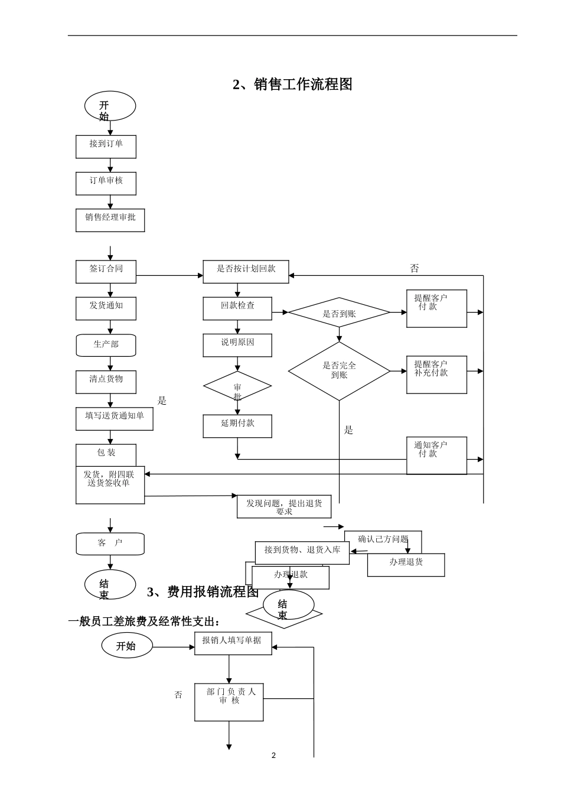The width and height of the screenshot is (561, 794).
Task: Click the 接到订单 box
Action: pyautogui.click(x=106, y=147)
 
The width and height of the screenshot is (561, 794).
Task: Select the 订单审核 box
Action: pyautogui.click(x=106, y=183)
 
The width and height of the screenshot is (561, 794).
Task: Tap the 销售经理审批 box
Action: pyautogui.click(x=110, y=220)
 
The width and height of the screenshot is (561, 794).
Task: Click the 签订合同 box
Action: pyautogui.click(x=106, y=271)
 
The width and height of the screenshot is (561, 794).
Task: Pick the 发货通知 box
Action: pyautogui.click(x=106, y=308)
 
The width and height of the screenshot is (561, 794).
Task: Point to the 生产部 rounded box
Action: pyautogui.click(x=106, y=345)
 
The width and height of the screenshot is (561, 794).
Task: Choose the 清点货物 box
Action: pyautogui.click(x=106, y=382)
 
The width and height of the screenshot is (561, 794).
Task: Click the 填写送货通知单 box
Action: pyautogui.click(x=114, y=418)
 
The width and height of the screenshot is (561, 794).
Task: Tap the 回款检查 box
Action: pyautogui.click(x=237, y=308)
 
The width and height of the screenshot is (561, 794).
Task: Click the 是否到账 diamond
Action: pyautogui.click(x=339, y=313)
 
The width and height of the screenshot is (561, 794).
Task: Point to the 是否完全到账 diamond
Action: pyautogui.click(x=339, y=370)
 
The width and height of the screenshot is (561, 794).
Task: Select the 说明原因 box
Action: pyautogui.click(x=237, y=345)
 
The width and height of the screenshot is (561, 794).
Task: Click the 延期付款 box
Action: pyautogui.click(x=237, y=426)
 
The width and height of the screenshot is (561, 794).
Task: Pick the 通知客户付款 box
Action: pyautogui.click(x=436, y=455)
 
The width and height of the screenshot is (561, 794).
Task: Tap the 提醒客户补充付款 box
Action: pyautogui.click(x=436, y=374)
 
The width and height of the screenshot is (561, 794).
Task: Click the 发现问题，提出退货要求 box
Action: pyautogui.click(x=284, y=506)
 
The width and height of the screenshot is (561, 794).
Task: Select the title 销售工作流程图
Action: pyautogui.click(x=293, y=84)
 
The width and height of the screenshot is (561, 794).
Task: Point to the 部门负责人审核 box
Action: pyautogui.click(x=229, y=701)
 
